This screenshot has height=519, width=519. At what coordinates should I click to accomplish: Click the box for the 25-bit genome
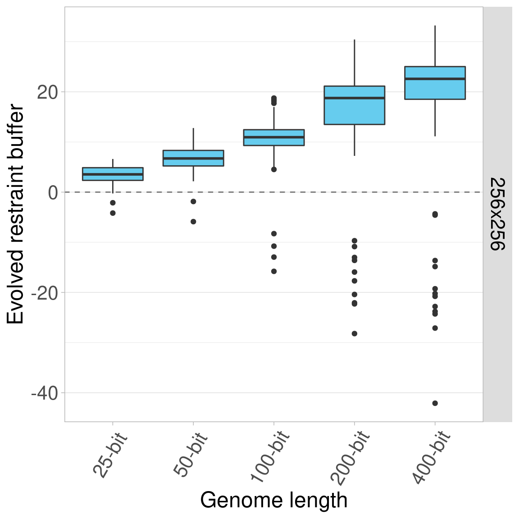pyautogui.click(x=113, y=174)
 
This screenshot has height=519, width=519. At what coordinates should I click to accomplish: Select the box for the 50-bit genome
pyautogui.click(x=193, y=158)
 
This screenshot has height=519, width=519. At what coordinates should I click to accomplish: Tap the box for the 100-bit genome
pyautogui.click(x=274, y=137)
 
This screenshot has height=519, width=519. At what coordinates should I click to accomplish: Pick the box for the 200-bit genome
pyautogui.click(x=354, y=105)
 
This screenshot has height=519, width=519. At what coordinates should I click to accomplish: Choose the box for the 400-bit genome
pyautogui.click(x=435, y=83)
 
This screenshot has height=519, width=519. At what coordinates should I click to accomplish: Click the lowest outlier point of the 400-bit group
pyautogui.click(x=435, y=403)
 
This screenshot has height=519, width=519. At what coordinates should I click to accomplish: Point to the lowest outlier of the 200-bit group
pyautogui.click(x=354, y=334)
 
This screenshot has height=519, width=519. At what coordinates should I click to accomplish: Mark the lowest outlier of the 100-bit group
pyautogui.click(x=274, y=271)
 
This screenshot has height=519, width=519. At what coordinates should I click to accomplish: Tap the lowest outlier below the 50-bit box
pyautogui.click(x=193, y=222)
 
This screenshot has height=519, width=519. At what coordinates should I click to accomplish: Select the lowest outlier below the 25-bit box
pyautogui.click(x=113, y=213)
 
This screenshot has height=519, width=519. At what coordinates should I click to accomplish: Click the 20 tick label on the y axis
pyautogui.click(x=48, y=92)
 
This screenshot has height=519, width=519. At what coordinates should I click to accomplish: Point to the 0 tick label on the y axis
pyautogui.click(x=53, y=192)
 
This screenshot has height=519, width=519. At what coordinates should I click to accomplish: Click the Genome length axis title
pyautogui.click(x=274, y=501)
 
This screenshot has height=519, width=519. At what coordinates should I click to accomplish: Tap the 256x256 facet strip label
pyautogui.click(x=497, y=214)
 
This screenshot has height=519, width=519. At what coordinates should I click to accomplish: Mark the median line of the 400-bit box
pyautogui.click(x=435, y=79)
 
